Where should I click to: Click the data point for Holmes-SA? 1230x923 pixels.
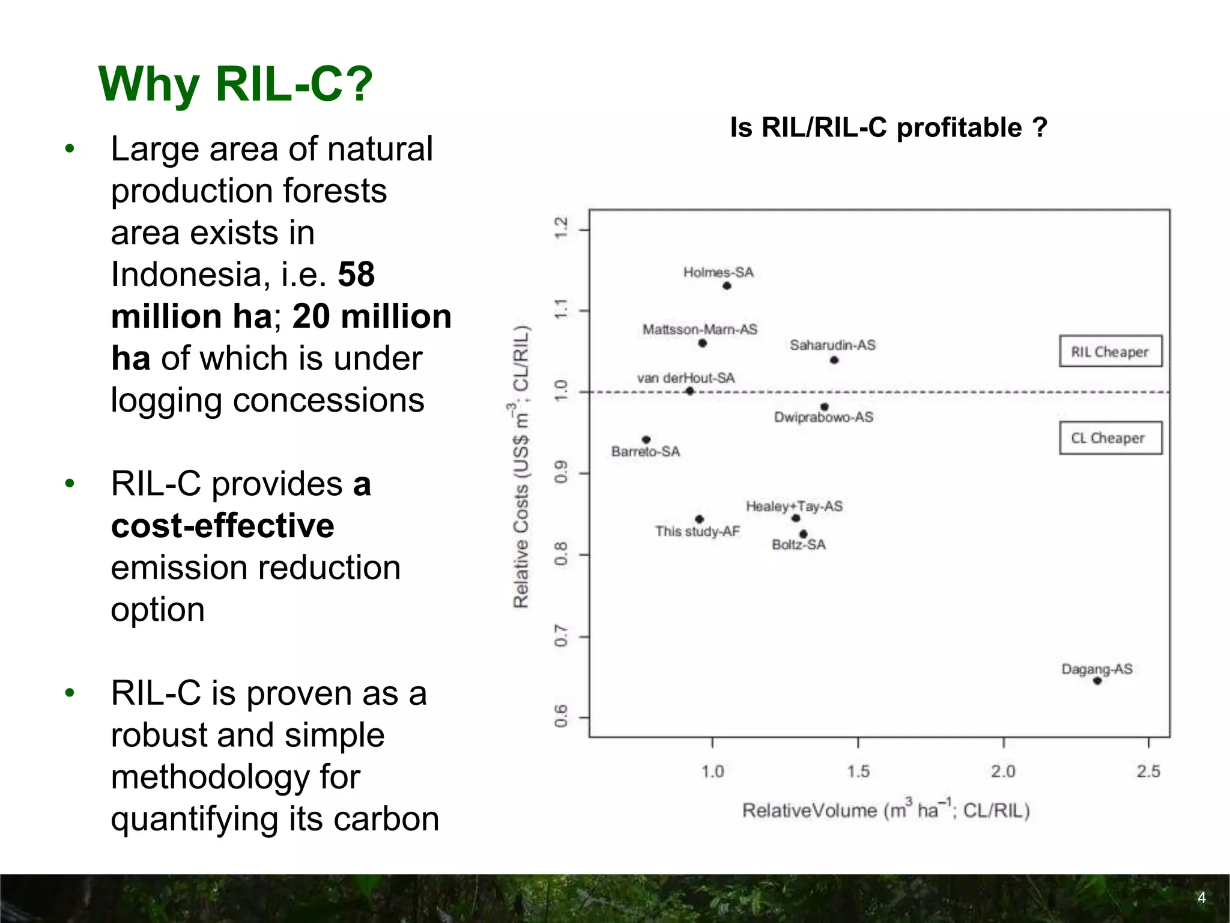[x=727, y=286]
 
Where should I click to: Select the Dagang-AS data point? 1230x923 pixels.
[x=1097, y=681]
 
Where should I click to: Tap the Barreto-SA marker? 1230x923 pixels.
[x=646, y=440]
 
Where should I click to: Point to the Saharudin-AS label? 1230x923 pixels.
[x=832, y=345]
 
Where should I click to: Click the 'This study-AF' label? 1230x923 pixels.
[x=697, y=531]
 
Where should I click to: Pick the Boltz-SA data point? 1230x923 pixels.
[x=804, y=534]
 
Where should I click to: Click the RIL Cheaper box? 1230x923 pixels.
[x=1110, y=352]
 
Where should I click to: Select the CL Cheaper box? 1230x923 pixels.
[x=1110, y=438]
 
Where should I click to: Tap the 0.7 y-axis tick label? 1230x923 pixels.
[x=561, y=636]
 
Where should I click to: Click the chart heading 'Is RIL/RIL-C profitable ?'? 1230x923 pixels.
[x=888, y=127]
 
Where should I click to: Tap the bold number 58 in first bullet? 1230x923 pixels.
[x=356, y=275]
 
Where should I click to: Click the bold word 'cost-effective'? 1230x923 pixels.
[x=222, y=526]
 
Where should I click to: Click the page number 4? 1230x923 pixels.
[x=1201, y=898]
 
